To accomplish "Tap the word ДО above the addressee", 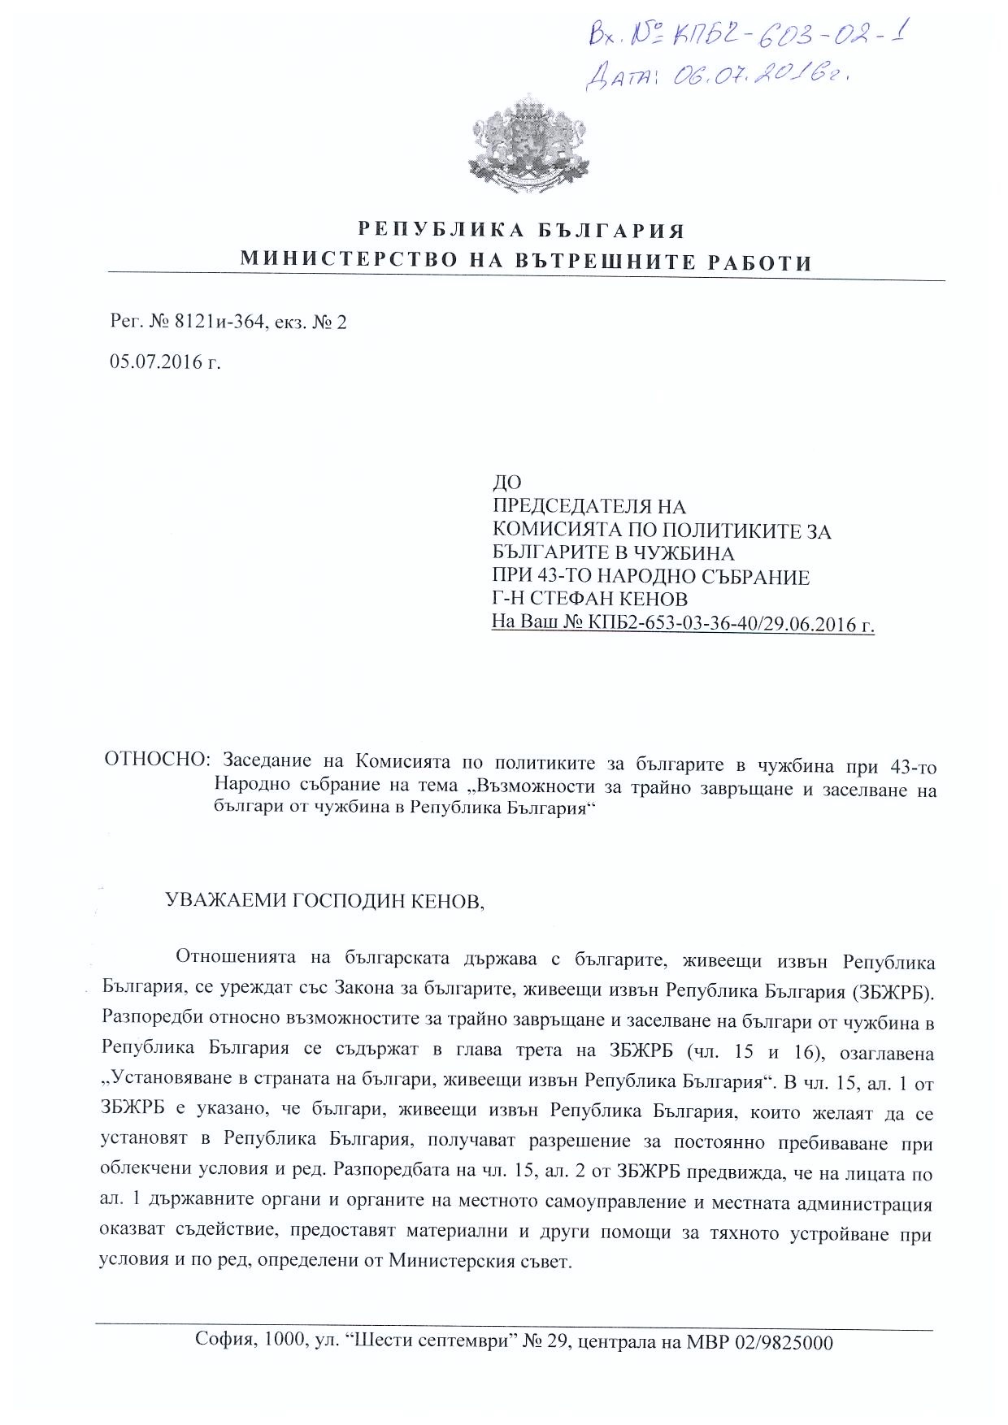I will click(507, 483).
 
